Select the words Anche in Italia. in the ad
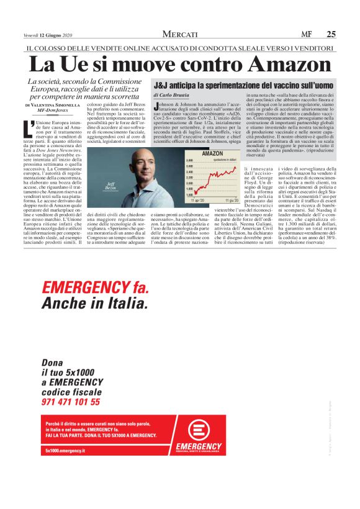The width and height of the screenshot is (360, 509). [94, 304]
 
